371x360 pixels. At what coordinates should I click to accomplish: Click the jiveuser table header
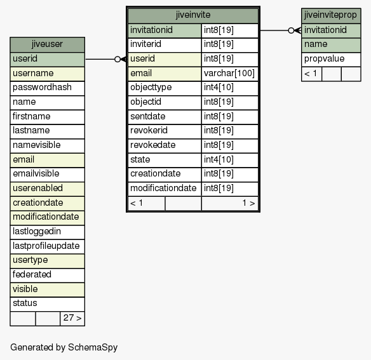[47, 44]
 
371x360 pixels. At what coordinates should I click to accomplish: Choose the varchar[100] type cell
[230, 74]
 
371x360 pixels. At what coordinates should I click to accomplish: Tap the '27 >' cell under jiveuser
[72, 318]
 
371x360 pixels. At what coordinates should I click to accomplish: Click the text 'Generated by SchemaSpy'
[64, 347]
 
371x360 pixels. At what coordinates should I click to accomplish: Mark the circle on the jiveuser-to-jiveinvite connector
[118, 59]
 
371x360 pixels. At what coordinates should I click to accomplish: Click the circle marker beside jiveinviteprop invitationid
[291, 30]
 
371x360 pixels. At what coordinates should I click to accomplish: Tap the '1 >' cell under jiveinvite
[230, 203]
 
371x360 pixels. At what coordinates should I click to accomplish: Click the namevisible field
[47, 145]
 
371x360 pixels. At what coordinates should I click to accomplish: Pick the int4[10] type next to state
[230, 160]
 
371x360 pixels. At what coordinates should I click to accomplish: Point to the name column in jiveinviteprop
[331, 45]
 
